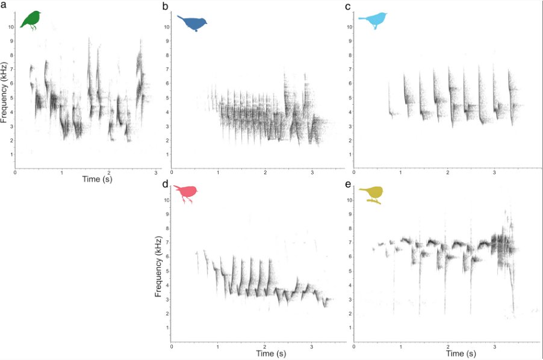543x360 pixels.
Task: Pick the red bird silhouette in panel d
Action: tap(185, 193)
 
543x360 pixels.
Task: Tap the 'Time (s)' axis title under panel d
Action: tap(265, 352)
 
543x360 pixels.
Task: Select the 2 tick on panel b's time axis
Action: tap(265, 173)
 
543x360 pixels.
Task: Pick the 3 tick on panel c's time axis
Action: tap(495, 173)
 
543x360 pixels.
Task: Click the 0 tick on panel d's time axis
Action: tap(172, 346)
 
